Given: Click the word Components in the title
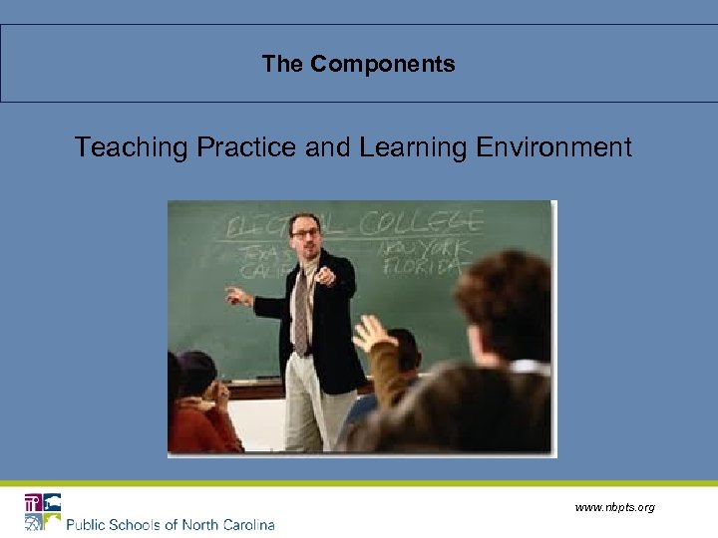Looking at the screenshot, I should (382, 65).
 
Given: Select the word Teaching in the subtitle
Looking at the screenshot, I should (132, 148).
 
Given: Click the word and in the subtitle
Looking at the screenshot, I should (328, 148).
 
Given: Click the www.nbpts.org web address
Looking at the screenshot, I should (614, 508).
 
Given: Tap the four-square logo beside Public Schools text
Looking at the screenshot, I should (43, 512).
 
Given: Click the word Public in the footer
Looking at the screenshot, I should (90, 524).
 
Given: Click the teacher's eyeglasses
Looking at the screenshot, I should (305, 233).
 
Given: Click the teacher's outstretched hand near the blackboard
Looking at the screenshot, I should (236, 295).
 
